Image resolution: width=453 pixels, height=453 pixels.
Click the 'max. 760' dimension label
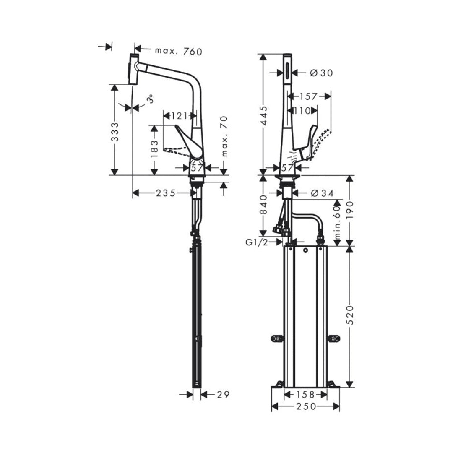[x=178, y=51]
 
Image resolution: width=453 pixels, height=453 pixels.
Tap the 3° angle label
[x=150, y=99]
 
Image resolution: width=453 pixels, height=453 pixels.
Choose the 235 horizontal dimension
[x=166, y=193]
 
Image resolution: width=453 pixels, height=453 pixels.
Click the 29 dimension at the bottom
[x=224, y=395]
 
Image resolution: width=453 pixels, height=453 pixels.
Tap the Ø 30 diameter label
[x=321, y=73]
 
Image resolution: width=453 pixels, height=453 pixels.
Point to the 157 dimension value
[x=310, y=96]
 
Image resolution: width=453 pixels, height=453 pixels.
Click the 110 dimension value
[x=302, y=111]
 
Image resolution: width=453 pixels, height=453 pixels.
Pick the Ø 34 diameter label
[x=322, y=193]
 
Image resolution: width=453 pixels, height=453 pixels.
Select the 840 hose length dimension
[x=263, y=205]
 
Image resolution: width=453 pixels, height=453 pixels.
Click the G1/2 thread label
[x=257, y=242]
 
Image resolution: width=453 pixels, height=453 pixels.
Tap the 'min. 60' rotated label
[x=336, y=223]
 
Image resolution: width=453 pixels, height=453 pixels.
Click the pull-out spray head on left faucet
[x=134, y=69]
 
